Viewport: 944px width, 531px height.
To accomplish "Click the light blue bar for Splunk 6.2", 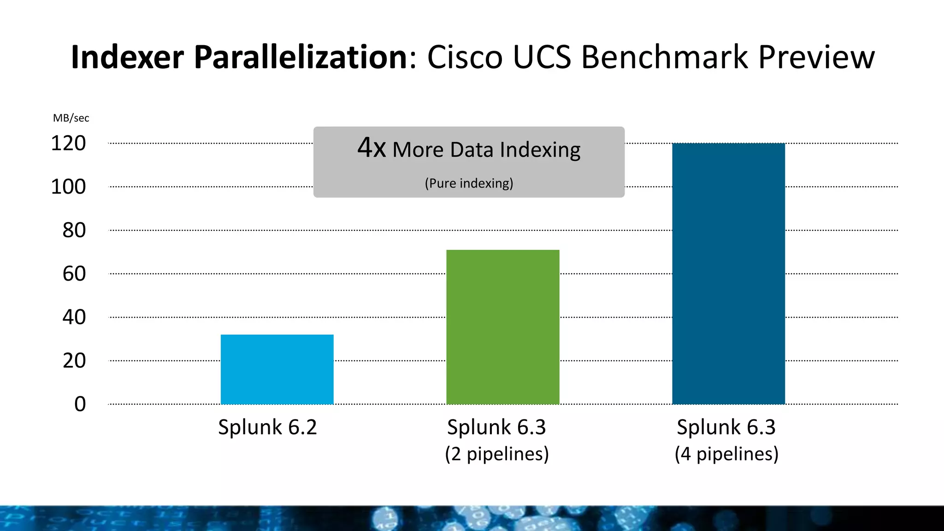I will [x=277, y=369].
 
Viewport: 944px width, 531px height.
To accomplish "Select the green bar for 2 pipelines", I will [x=502, y=327].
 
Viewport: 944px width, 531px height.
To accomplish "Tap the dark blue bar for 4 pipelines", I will [x=728, y=274].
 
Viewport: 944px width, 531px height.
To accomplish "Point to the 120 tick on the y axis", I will [x=68, y=143].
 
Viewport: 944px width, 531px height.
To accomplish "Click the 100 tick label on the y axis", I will [x=68, y=187].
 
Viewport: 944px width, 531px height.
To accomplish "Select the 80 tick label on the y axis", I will [x=74, y=230].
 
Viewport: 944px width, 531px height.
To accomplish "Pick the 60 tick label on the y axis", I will [x=74, y=274].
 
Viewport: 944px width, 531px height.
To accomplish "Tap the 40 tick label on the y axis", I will [x=74, y=317].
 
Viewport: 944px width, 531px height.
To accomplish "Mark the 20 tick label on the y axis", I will [x=74, y=360].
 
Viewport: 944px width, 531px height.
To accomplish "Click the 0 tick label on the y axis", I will [x=80, y=404].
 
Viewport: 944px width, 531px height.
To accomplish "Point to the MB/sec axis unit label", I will [x=71, y=118].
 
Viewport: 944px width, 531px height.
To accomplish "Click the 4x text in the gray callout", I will [x=372, y=148].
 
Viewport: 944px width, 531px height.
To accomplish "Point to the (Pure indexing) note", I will [x=469, y=183].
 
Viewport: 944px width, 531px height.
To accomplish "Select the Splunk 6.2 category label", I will [x=267, y=427].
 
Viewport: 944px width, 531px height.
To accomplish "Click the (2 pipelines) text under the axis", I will [x=497, y=454].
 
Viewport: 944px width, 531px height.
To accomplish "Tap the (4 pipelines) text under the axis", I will [x=726, y=454].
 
